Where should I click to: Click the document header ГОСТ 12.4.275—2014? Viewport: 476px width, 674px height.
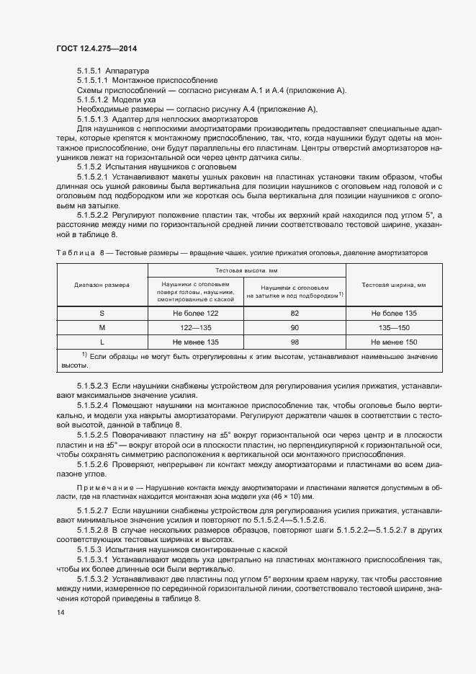click(96, 48)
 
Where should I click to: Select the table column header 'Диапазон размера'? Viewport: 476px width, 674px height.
click(102, 285)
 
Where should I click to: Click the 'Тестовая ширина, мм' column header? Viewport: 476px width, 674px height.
click(394, 285)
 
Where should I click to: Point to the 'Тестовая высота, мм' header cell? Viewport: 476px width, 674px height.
click(246, 270)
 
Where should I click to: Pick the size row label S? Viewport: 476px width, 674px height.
click(102, 314)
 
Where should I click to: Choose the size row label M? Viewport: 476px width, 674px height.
click(102, 327)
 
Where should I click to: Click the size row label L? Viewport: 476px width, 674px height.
click(102, 341)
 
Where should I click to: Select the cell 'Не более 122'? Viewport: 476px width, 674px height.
click(195, 314)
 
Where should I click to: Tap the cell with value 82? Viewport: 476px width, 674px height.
click(294, 314)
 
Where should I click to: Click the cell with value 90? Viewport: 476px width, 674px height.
click(294, 327)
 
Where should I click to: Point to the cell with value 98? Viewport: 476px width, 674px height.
click(294, 341)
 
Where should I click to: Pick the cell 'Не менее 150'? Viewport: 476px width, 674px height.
click(394, 341)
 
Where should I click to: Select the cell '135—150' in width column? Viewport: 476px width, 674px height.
click(394, 327)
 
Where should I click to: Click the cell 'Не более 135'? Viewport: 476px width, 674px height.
click(394, 314)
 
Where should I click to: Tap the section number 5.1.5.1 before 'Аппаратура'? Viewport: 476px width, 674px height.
click(89, 71)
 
